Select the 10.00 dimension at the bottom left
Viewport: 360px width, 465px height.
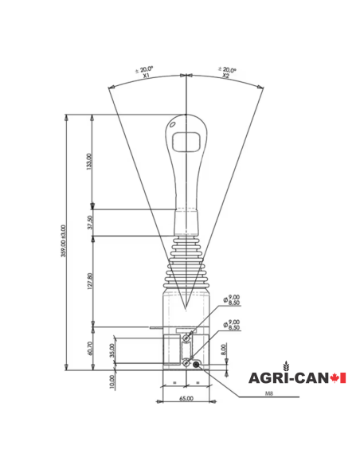pyautogui.click(x=112, y=381)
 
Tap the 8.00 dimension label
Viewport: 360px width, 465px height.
pyautogui.click(x=224, y=349)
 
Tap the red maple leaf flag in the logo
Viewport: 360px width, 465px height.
pyautogui.click(x=338, y=377)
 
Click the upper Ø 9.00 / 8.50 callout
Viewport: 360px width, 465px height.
pyautogui.click(x=233, y=300)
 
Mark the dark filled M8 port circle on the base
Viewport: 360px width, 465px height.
pyautogui.click(x=195, y=363)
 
